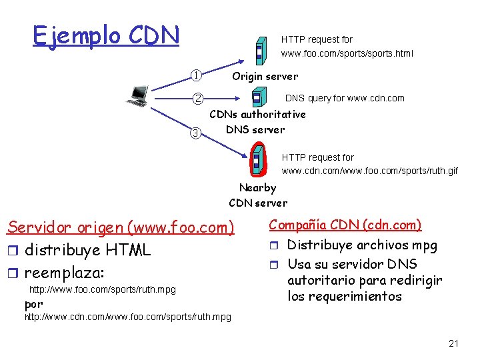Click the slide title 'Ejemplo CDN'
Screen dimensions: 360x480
pos(106,35)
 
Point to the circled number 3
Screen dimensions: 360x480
pos(195,132)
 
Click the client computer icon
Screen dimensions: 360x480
pos(138,96)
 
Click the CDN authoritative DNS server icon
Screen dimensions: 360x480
pos(257,99)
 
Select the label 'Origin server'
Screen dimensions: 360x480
pos(265,76)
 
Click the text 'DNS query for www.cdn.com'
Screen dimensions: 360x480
pos(345,98)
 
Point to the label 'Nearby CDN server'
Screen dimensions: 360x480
pos(258,195)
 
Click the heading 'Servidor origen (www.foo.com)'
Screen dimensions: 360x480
pos(121,227)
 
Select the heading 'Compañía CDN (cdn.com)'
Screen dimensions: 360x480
pos(345,225)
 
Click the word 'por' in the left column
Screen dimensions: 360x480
pos(33,304)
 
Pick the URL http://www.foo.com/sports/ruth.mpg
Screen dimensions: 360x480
pos(103,290)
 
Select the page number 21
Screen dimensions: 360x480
pos(454,344)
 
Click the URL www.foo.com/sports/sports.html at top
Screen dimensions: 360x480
pos(347,53)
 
